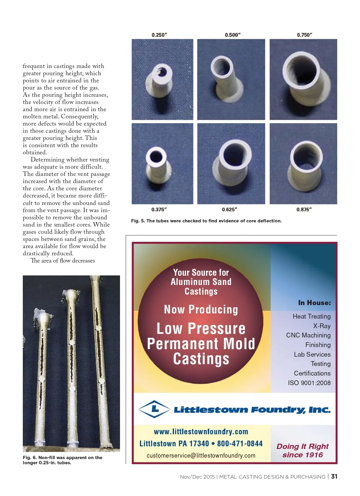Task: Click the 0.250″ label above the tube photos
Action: (159, 35)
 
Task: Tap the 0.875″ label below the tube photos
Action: (304, 209)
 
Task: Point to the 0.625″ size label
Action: (229, 209)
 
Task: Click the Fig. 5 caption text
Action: (206, 221)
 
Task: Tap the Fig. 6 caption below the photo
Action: (62, 460)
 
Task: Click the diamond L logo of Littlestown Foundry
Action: (154, 409)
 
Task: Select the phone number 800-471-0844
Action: (240, 444)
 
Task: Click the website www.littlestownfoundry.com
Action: (201, 432)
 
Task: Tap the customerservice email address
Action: (201, 456)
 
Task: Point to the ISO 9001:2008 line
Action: (309, 383)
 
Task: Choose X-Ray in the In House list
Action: (322, 326)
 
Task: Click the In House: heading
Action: (314, 303)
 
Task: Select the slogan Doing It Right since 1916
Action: (302, 450)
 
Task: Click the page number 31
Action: (334, 477)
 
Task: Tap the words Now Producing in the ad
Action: (201, 309)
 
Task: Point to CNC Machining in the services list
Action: (308, 335)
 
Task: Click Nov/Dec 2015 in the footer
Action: (197, 477)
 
